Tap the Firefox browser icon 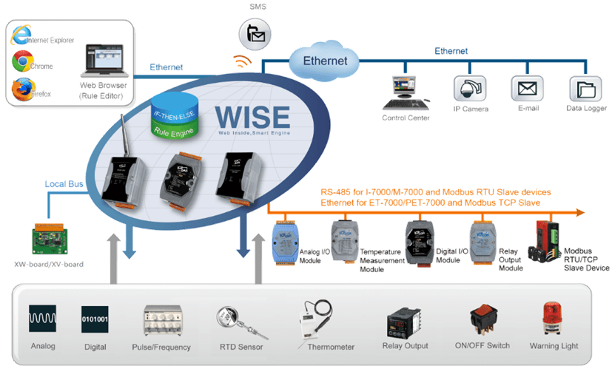[x=21, y=89]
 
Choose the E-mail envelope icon [x=526, y=89]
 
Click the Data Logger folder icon [x=584, y=89]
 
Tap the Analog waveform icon [x=43, y=319]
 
